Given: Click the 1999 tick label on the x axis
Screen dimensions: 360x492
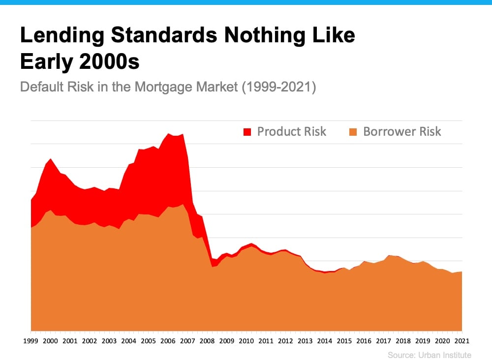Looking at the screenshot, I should (31, 340).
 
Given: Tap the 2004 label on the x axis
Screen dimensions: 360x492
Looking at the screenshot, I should (129, 340).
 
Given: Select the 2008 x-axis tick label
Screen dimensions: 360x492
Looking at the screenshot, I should (207, 340).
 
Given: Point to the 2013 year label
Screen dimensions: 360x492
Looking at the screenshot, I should (305, 340).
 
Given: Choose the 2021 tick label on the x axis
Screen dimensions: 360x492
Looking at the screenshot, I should (461, 340).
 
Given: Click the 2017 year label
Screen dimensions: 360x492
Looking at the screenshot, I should (383, 340).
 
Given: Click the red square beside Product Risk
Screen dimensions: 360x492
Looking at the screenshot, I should (247, 132).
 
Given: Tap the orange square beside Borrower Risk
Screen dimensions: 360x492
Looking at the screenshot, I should (353, 132).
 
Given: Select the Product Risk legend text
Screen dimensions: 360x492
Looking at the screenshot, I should (292, 131).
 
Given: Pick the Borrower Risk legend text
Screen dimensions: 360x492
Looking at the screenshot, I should (402, 131).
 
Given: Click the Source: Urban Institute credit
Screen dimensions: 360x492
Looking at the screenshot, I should (429, 355).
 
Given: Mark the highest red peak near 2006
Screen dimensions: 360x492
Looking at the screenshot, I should (168, 133).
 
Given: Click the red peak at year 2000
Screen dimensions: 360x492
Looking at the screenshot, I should (50, 159).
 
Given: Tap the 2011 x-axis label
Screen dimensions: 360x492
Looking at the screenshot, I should (266, 340).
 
